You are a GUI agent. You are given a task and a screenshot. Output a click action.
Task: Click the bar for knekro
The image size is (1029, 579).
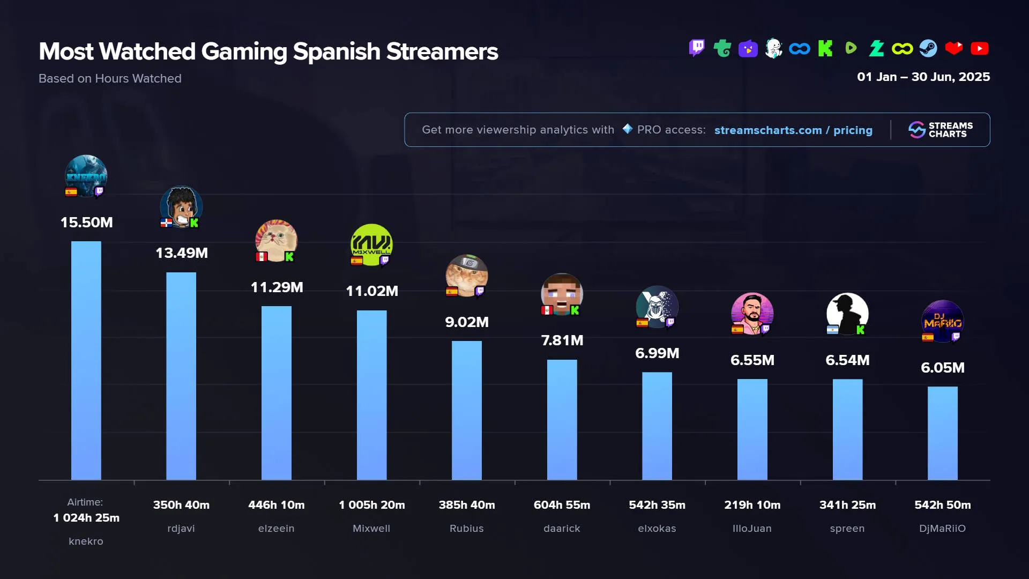click(86, 360)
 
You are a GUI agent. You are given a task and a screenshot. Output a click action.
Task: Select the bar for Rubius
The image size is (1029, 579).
click(466, 410)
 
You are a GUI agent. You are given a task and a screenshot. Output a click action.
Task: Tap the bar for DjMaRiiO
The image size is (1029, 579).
click(942, 433)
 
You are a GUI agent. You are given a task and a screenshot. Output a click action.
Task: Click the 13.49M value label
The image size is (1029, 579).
click(182, 253)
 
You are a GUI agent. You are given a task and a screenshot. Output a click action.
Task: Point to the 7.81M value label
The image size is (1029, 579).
click(562, 340)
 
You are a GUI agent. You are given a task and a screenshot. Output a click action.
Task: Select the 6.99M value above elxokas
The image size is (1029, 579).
click(657, 353)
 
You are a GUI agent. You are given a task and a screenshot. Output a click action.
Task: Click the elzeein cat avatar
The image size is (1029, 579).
click(276, 240)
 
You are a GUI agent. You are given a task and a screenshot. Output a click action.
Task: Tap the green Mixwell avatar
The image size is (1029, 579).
click(371, 244)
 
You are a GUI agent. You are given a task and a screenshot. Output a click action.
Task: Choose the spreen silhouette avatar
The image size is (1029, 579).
click(847, 314)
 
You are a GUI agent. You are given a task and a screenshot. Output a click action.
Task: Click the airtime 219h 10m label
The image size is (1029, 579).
click(752, 505)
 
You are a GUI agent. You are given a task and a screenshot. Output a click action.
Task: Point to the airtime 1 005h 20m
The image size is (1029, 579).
click(371, 505)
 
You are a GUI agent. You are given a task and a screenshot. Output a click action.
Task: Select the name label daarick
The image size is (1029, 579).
click(562, 529)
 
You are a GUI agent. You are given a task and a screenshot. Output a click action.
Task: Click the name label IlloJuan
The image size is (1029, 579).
click(752, 529)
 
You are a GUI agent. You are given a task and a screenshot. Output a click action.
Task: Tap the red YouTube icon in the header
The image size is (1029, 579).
click(979, 49)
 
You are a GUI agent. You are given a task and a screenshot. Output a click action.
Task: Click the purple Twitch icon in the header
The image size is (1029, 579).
click(697, 48)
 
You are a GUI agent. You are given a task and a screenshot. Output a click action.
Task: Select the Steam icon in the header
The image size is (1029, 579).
click(928, 49)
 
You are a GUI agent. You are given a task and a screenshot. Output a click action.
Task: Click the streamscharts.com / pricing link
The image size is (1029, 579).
click(793, 130)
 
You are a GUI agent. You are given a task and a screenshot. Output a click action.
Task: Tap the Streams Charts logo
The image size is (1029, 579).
click(941, 130)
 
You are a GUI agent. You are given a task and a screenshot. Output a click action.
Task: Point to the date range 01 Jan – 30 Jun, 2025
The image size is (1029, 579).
click(923, 77)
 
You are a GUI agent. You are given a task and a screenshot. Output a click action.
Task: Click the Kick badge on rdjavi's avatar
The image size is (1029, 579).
click(194, 223)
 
